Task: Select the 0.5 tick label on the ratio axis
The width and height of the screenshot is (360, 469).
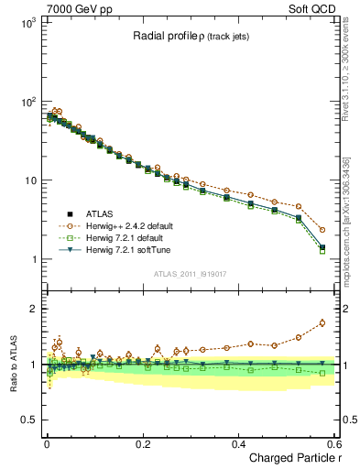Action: pyautogui.click(x=29, y=420)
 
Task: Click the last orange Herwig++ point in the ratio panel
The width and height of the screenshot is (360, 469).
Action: pyautogui.click(x=322, y=322)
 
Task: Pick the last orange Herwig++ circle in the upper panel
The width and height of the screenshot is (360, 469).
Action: pyautogui.click(x=322, y=230)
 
